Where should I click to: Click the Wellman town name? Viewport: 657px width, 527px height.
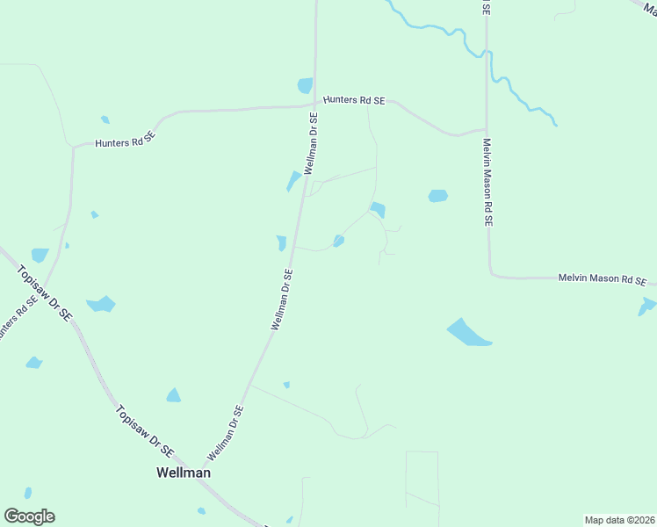click(x=183, y=473)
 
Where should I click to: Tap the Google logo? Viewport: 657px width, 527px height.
click(x=29, y=516)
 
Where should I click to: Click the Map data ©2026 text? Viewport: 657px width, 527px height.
click(x=618, y=519)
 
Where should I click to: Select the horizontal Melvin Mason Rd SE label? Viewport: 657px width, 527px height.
click(x=603, y=279)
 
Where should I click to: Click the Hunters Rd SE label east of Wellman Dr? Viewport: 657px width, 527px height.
click(x=354, y=100)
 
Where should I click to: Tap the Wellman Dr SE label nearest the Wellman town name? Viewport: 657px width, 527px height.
click(x=226, y=433)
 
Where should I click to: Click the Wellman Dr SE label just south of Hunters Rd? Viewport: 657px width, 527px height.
click(x=311, y=142)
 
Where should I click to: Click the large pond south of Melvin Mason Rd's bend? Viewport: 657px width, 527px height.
click(x=469, y=333)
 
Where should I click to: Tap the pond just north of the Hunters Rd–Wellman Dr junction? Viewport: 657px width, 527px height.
click(x=305, y=85)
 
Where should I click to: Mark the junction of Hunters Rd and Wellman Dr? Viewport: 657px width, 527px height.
click(x=315, y=106)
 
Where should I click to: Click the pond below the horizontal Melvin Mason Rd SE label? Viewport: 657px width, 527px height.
click(x=647, y=306)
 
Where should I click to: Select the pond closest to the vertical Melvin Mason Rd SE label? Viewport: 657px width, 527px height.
click(x=437, y=196)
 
